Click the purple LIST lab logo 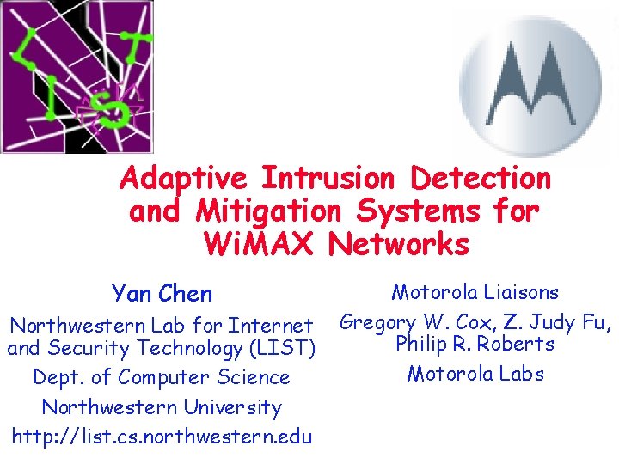tap(77, 76)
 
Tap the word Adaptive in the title tap(183, 179)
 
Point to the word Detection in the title tap(481, 179)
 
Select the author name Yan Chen tap(162, 294)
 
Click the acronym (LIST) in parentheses tap(280, 349)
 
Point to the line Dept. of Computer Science tap(162, 377)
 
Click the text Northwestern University tap(162, 406)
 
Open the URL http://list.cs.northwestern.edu tap(162, 436)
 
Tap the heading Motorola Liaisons tap(475, 293)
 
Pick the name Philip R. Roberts tap(475, 345)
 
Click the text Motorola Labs tap(475, 374)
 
